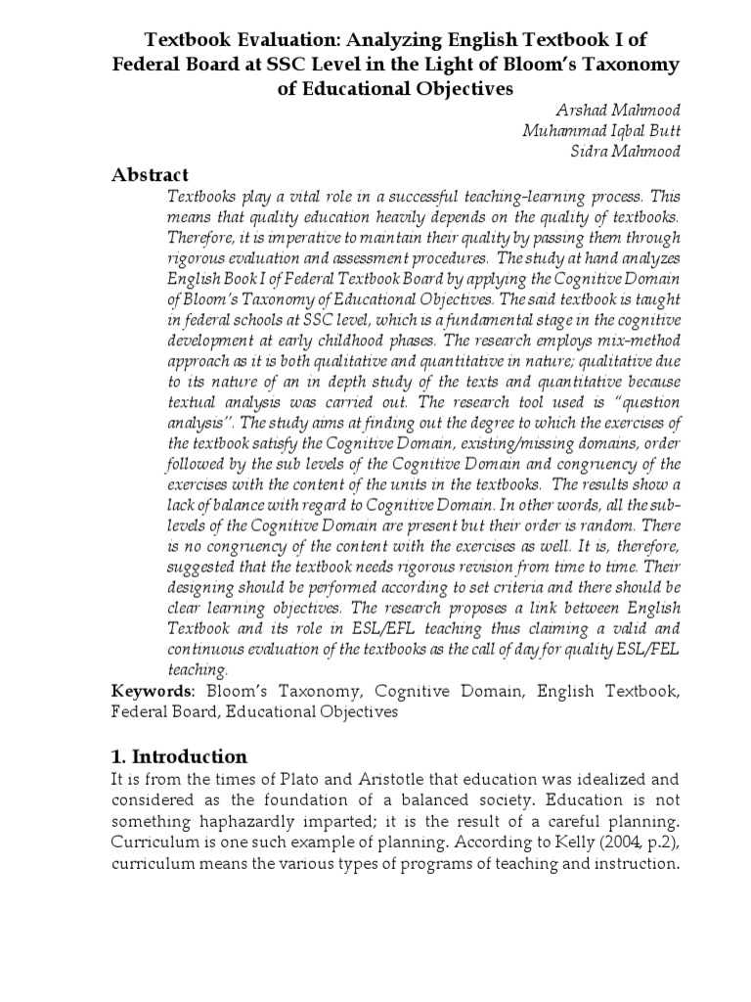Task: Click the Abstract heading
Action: [150, 175]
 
